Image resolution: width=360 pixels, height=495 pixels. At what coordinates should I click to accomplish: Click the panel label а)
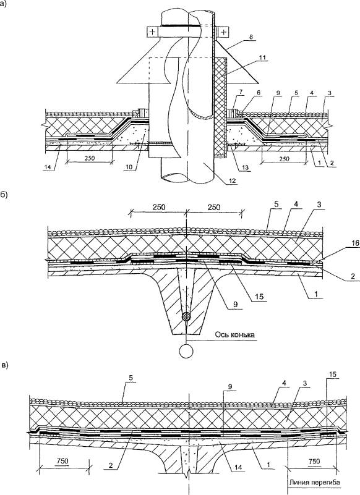point(4,4)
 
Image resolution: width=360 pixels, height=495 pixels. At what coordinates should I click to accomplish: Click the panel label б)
point(4,194)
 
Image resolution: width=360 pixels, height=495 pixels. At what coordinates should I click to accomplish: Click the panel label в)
point(4,366)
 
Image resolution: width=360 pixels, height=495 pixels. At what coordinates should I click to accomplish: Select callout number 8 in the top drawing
point(252,37)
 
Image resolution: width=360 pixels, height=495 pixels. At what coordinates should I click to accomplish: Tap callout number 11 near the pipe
point(263,57)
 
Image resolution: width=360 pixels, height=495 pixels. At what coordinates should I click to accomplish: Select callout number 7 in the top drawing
point(241,92)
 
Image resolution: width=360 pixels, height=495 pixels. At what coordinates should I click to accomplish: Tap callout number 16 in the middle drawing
point(346,243)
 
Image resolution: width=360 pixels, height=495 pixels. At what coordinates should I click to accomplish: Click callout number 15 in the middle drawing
point(260,297)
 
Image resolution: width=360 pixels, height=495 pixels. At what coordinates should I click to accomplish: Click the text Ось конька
point(234,334)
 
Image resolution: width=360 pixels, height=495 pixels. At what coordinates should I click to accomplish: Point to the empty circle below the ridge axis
point(186,351)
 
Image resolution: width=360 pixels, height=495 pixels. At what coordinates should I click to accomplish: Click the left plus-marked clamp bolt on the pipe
point(153,32)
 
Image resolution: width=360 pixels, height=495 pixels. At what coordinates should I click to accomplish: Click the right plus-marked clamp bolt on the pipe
point(223,32)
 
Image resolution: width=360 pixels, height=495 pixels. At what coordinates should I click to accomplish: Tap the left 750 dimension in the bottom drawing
point(62,461)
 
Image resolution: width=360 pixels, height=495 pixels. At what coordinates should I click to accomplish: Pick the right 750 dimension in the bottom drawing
point(314,461)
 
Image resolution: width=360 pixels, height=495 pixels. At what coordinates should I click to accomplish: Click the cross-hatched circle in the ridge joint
point(186,316)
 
